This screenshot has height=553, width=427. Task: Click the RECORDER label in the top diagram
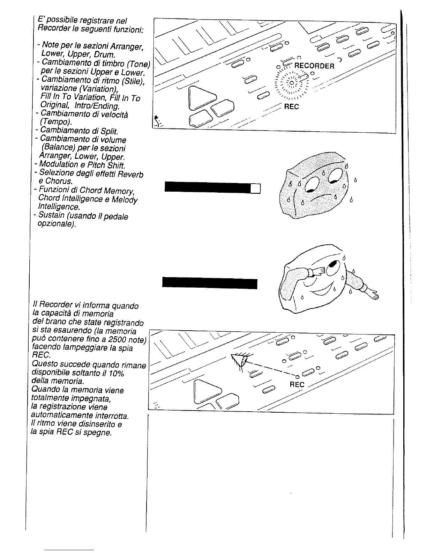(314, 66)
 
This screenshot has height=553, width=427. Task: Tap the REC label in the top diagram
(291, 107)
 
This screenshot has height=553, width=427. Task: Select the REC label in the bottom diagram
(297, 384)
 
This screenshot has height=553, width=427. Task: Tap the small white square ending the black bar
(256, 188)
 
